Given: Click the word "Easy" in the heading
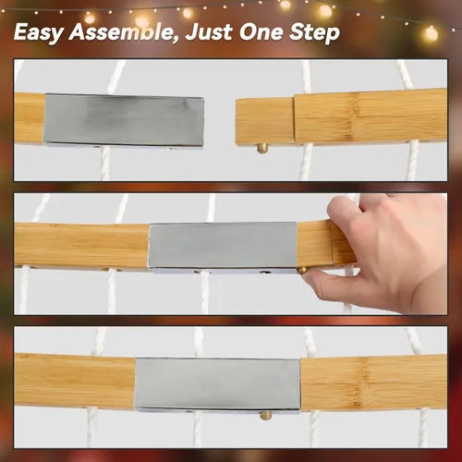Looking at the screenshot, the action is click(x=39, y=32).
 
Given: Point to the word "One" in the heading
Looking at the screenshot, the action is click(x=261, y=32).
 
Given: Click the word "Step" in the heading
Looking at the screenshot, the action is click(x=314, y=32).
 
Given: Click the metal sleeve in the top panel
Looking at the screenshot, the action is click(x=123, y=121).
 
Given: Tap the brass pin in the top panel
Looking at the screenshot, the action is click(x=262, y=149).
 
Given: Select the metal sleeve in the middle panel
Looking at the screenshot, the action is click(x=223, y=248).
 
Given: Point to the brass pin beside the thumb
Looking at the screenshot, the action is click(x=302, y=271).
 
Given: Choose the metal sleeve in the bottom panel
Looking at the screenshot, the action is click(x=217, y=384).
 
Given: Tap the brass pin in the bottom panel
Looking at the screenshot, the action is click(x=265, y=416).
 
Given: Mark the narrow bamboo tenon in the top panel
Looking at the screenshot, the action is click(x=265, y=121).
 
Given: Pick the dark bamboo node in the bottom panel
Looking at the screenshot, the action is click(x=360, y=383).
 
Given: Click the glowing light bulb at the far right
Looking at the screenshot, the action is click(x=431, y=33).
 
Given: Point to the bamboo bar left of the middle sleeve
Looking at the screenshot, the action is click(x=81, y=246).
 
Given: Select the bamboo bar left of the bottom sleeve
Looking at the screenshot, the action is click(x=75, y=381).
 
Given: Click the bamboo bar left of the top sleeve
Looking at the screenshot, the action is click(x=30, y=118).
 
